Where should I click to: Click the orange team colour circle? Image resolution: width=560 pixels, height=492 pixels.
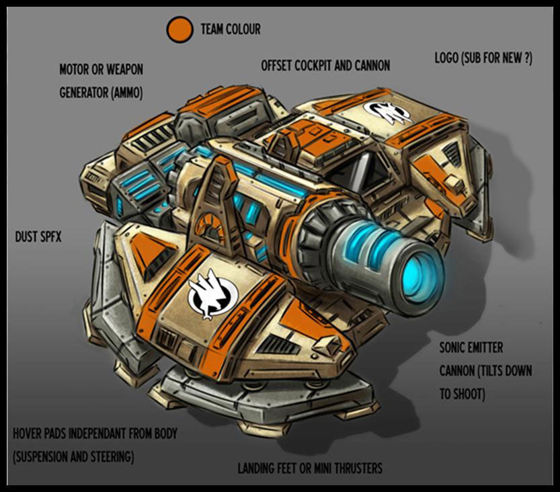click(179, 30)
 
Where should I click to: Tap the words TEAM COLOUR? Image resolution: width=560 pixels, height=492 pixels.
click(231, 30)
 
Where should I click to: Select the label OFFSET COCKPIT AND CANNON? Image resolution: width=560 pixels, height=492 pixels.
click(325, 66)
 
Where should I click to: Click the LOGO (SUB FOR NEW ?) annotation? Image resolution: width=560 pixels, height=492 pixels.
click(483, 58)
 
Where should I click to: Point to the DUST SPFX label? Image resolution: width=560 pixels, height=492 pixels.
click(38, 237)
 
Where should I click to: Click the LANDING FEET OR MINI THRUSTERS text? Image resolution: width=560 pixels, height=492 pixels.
click(310, 468)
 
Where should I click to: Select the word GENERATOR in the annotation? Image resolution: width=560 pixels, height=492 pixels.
click(83, 93)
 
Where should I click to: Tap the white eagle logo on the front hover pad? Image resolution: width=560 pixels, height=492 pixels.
click(212, 294)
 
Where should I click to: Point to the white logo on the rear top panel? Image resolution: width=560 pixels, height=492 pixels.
click(387, 112)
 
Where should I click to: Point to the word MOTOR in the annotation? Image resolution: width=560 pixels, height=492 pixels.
click(74, 69)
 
